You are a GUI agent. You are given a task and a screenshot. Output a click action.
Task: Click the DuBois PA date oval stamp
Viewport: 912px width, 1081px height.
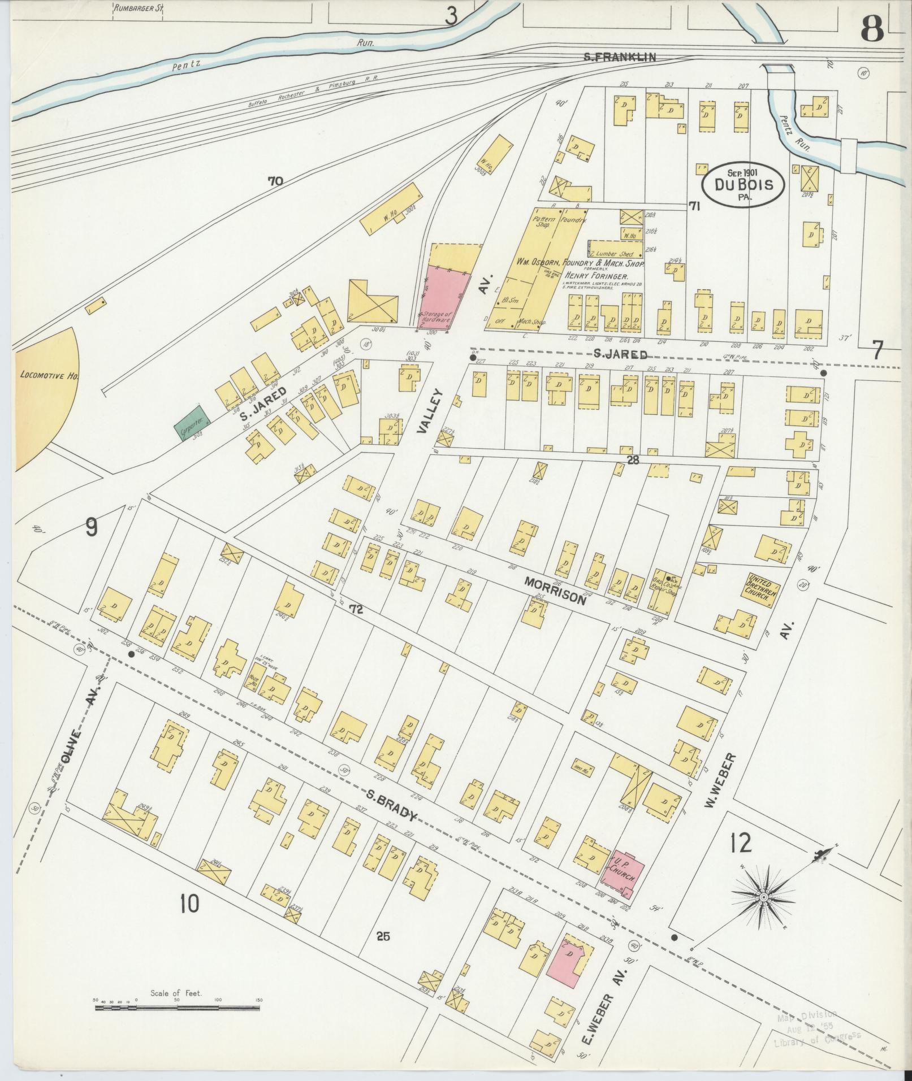pos(742,183)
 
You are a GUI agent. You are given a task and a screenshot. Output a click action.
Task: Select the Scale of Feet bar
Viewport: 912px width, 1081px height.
pos(176,1007)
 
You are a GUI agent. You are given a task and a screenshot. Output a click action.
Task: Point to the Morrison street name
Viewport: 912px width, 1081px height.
pos(555,590)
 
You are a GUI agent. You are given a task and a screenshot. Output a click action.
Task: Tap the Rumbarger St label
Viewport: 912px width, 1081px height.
pos(135,8)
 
